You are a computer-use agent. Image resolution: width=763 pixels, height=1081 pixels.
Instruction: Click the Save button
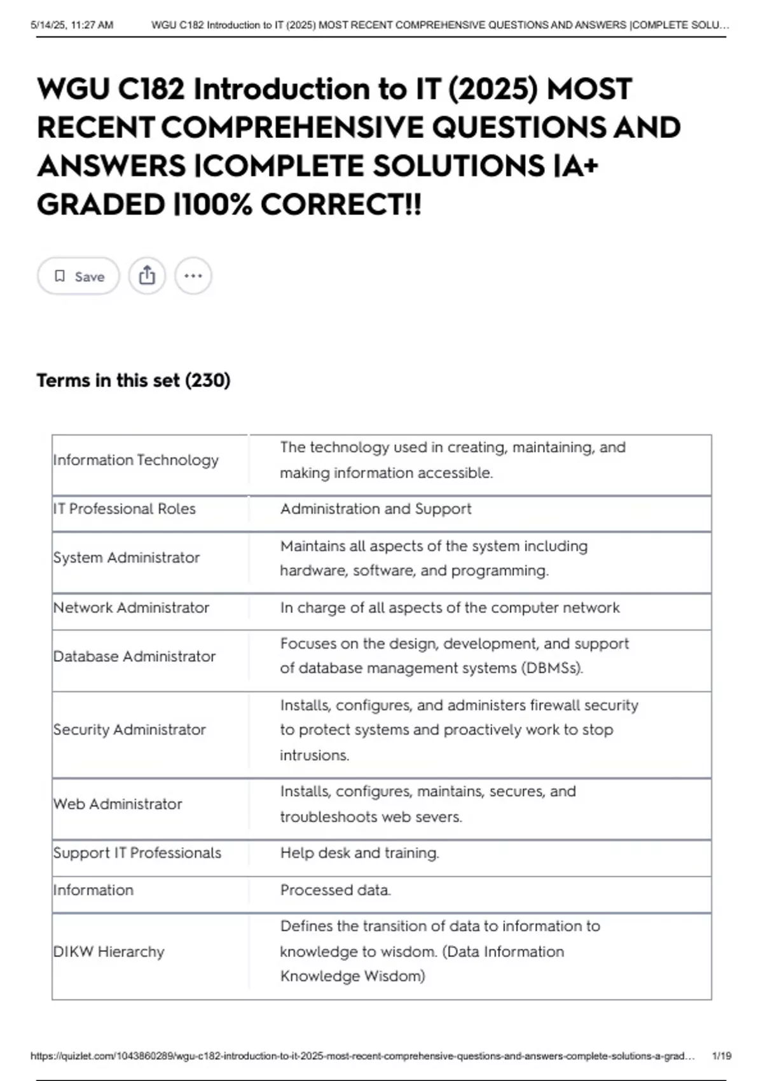78,276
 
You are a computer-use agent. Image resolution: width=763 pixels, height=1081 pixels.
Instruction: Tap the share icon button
147,276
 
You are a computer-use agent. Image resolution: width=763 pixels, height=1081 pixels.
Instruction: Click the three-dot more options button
193,276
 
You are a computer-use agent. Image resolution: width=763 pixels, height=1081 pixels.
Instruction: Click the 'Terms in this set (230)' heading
134,380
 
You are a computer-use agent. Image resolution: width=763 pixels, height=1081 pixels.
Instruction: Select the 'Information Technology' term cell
136,460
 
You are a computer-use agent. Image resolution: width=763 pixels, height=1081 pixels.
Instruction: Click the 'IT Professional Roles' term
125,509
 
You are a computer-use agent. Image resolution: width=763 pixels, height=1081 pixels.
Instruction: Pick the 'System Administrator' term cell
127,558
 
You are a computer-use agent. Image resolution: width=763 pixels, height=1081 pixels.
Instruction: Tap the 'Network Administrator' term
131,607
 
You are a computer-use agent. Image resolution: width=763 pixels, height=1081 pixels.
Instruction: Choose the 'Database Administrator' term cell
134,656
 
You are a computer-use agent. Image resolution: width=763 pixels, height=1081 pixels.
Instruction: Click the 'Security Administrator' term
130,729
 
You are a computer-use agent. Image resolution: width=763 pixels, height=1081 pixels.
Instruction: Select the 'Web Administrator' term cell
118,804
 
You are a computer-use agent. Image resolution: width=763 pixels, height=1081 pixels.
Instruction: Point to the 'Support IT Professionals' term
137,853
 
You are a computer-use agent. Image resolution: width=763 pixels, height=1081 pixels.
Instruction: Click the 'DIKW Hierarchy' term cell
109,951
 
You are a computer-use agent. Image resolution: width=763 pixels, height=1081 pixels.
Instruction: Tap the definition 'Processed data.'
335,890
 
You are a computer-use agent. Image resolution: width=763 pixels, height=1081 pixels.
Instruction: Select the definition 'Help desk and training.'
359,853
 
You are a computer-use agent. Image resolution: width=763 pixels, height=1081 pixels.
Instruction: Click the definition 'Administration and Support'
376,509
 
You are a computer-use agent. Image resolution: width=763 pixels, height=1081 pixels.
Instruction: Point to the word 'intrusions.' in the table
314,755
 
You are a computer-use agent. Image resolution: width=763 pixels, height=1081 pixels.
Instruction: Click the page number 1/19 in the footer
722,1056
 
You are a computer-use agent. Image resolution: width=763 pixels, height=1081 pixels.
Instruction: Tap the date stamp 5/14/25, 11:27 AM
72,25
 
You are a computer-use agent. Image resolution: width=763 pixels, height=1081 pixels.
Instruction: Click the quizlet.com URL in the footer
362,1056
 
